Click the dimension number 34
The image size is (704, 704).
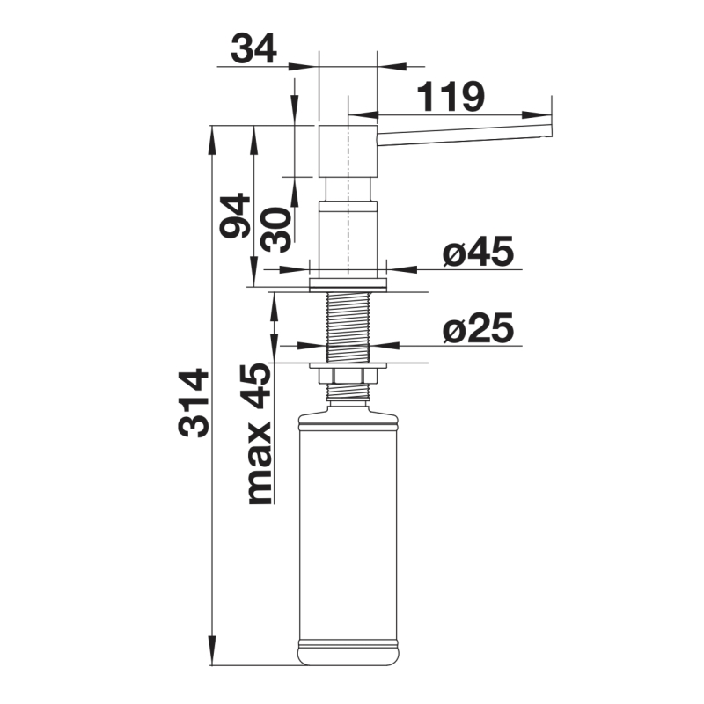253,48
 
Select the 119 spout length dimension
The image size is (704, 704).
451,97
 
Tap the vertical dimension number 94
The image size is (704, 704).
235,216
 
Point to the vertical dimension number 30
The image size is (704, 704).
276,230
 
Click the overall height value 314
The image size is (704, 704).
194,403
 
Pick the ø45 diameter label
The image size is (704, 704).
478,252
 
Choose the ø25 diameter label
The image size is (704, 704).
478,327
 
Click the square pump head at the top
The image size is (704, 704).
348,151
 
